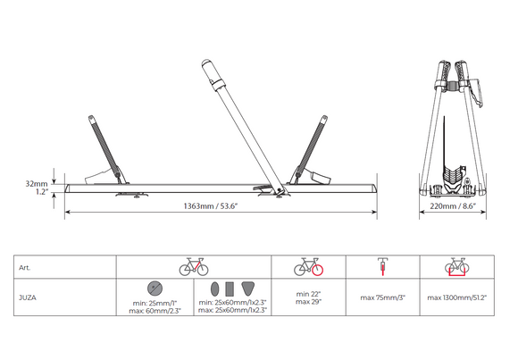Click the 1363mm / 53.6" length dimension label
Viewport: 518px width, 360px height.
(211, 206)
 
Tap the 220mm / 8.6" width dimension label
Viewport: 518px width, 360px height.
(453, 206)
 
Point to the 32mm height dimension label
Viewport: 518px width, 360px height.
(37, 183)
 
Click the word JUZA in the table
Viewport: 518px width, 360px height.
(28, 297)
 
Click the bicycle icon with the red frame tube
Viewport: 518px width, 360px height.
(194, 267)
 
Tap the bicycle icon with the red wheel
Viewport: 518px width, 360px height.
(308, 267)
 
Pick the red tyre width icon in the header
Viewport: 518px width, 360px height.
(383, 267)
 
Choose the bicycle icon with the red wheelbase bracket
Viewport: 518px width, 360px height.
(457, 267)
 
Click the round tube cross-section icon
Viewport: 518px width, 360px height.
(155, 289)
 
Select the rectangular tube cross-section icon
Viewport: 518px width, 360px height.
(230, 289)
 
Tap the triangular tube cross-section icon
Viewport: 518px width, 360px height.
(247, 289)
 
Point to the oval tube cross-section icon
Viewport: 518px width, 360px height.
(214, 289)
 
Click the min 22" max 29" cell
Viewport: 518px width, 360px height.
(308, 297)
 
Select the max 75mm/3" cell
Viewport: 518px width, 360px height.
(383, 297)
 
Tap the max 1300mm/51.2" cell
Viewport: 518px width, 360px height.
(457, 297)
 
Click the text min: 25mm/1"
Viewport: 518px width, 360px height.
(155, 303)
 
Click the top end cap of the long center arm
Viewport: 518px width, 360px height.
(206, 63)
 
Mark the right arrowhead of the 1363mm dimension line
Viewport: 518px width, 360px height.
(374, 212)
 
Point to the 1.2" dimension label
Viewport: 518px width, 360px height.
(42, 192)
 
